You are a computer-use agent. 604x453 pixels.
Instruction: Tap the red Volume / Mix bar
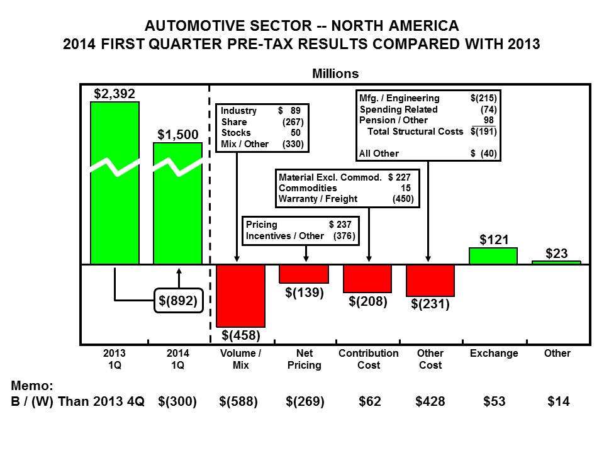tap(241, 296)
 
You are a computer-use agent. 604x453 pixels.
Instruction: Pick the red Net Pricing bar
tap(304, 274)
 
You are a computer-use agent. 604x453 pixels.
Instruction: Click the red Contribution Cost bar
tap(367, 279)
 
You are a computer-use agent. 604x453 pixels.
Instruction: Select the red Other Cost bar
tap(430, 281)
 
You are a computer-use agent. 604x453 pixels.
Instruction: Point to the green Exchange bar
tap(493, 256)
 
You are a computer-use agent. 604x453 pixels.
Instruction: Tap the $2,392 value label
tap(115, 94)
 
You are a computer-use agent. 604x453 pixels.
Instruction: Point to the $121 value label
tap(494, 240)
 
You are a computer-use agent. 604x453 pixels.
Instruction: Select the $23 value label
tap(557, 253)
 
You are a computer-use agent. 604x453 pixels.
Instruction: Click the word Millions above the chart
tap(335, 74)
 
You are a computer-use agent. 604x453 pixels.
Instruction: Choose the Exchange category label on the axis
tap(494, 354)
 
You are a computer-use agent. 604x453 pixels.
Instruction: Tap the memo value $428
tap(430, 401)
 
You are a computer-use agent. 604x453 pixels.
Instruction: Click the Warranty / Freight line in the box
tap(345, 199)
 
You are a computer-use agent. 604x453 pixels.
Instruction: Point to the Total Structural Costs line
tap(428, 131)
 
